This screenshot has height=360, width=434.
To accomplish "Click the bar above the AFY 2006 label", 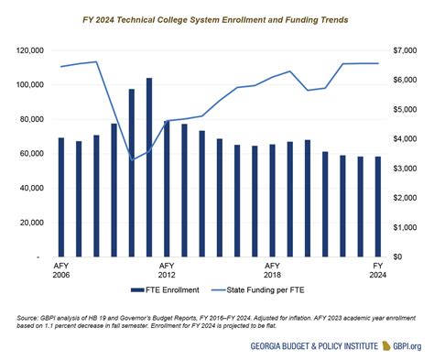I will [x=61, y=197].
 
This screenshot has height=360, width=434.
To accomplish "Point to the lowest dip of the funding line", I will [x=132, y=159].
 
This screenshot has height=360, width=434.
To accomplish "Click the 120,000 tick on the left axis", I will [x=30, y=50].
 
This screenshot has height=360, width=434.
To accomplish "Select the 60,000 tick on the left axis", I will [x=32, y=154].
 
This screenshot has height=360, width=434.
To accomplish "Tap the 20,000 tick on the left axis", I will [x=32, y=223].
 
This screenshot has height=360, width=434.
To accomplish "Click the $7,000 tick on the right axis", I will [x=406, y=50].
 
